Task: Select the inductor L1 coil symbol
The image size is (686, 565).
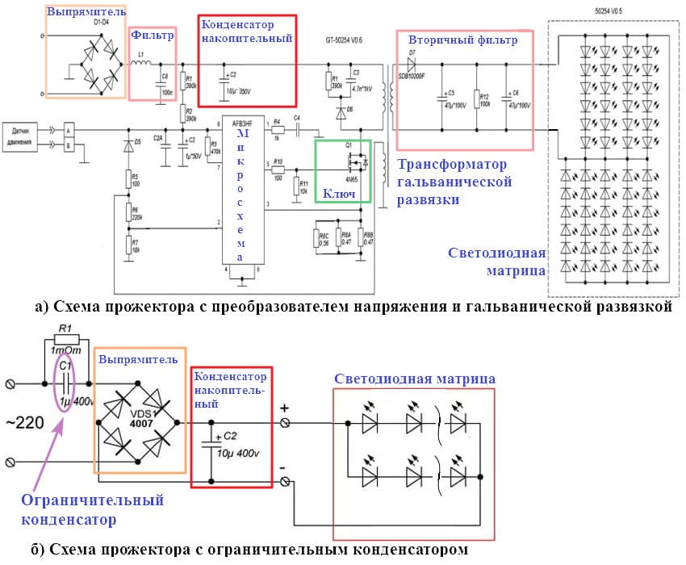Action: point(143,64)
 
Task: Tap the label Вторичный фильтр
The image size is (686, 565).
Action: point(458,39)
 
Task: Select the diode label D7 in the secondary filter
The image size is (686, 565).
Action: point(412,52)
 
